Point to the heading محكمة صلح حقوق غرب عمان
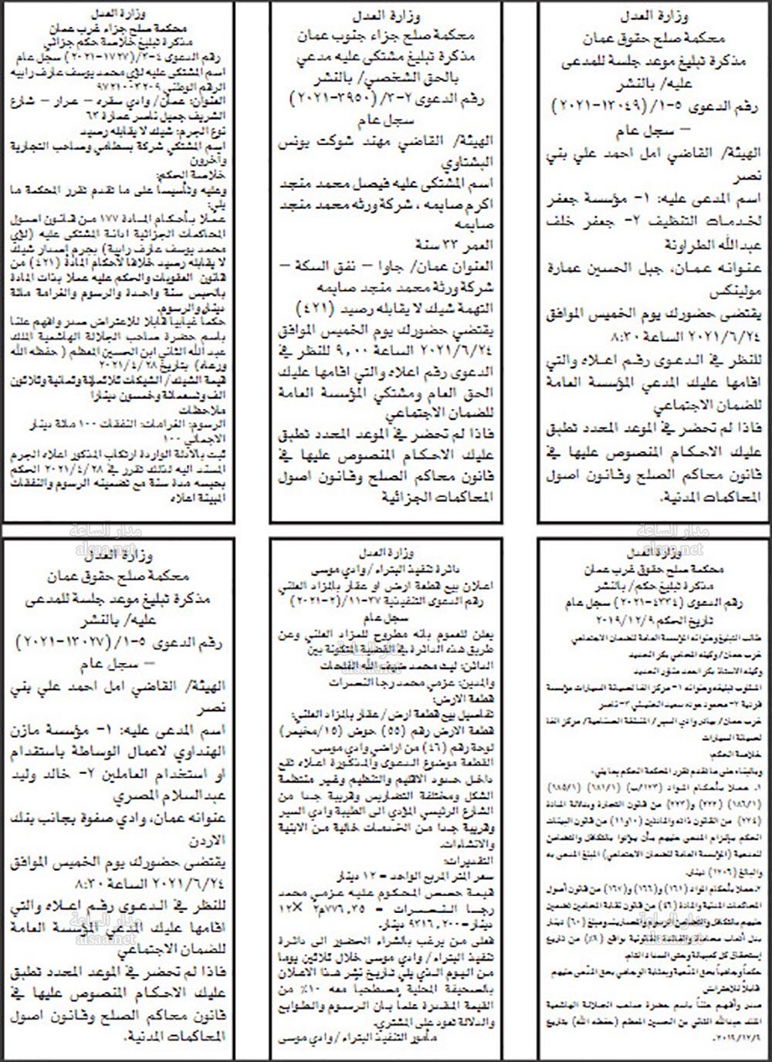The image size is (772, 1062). click(654, 570)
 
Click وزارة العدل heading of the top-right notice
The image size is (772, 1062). click(654, 15)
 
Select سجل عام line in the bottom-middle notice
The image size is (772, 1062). click(385, 617)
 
